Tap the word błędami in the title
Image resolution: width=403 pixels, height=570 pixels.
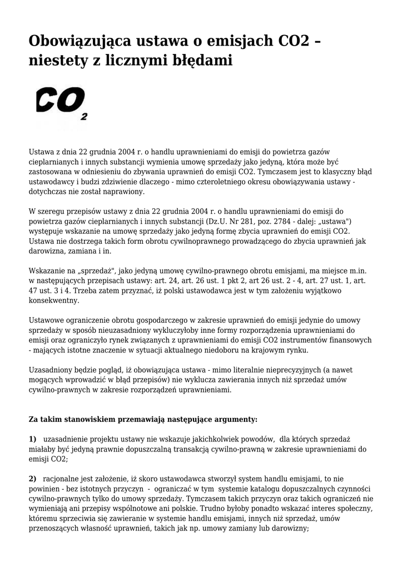pos(198,61)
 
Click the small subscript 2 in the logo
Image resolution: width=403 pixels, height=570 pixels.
pos(84,117)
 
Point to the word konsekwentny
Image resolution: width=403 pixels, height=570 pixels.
pos(54,301)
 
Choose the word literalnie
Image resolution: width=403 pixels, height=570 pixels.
pos(242,370)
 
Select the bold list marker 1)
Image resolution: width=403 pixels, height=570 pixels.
pos(32,439)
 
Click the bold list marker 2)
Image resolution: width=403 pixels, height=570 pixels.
pos(32,479)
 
